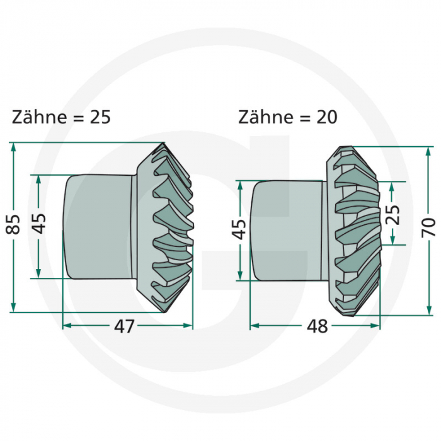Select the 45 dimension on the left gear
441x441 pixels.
click(x=39, y=224)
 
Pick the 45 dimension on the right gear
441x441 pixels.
click(x=239, y=230)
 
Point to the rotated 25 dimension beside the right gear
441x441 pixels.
click(x=393, y=215)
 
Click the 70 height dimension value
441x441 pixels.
click(x=429, y=227)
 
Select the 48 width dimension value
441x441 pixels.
click(x=317, y=327)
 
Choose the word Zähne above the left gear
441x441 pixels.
click(x=36, y=117)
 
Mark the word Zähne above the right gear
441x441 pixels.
click(x=263, y=117)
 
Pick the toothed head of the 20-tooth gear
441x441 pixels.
click(x=354, y=230)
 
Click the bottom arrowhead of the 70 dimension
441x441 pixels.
click(x=429, y=309)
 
